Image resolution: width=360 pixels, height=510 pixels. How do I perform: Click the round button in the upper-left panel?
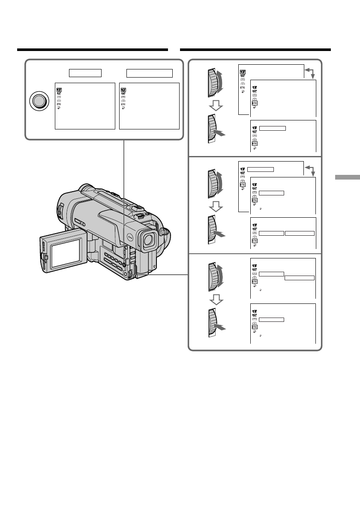point(38,102)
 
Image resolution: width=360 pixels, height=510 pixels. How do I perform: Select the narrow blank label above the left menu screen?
point(86,72)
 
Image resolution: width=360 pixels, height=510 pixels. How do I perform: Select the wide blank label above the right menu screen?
point(149,72)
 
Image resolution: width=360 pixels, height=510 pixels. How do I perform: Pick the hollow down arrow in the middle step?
point(215,207)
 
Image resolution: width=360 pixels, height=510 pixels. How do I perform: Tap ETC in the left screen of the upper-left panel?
point(58,104)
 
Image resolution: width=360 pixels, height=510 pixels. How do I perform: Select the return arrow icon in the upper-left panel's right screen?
point(123,108)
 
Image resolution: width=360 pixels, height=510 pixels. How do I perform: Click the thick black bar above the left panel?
point(92,50)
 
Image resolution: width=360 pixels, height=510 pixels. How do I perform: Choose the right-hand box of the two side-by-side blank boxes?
point(300,233)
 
